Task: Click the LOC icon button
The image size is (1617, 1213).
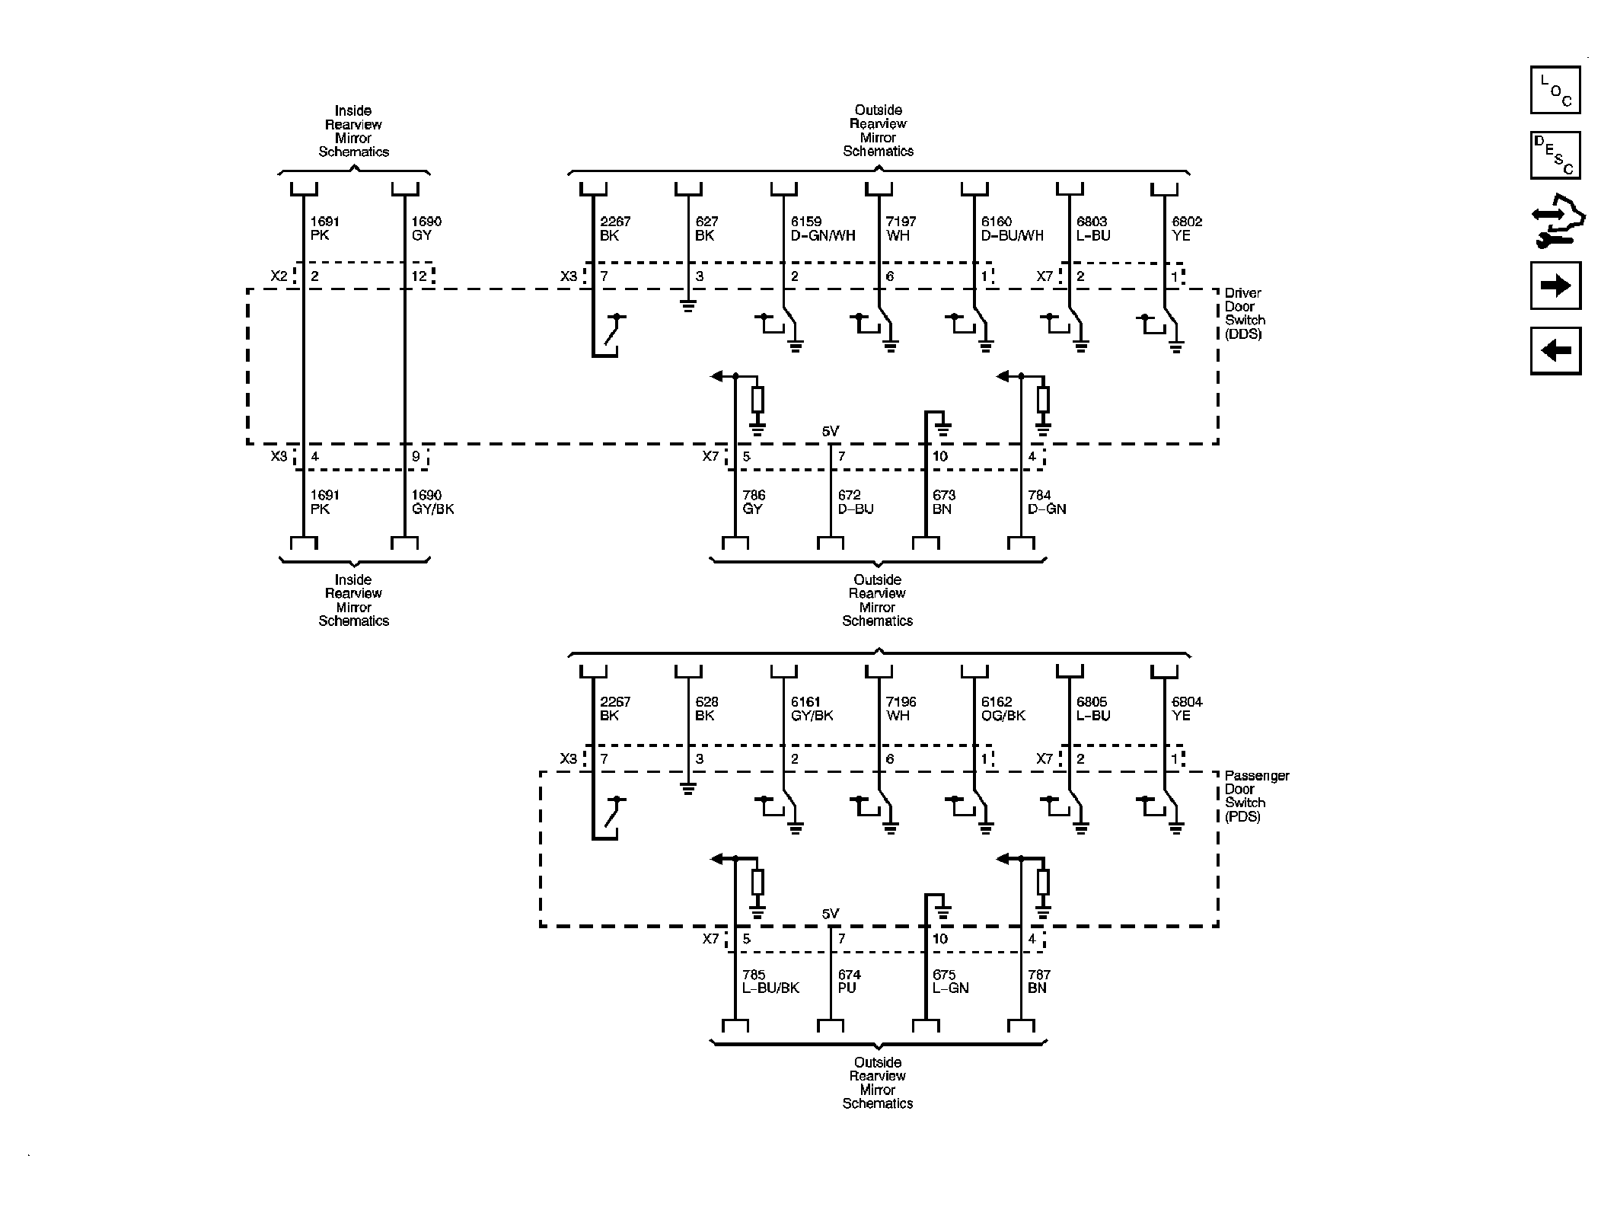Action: pyautogui.click(x=1555, y=91)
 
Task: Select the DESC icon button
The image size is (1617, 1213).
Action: pyautogui.click(x=1555, y=155)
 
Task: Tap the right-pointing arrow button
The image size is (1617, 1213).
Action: pyautogui.click(x=1555, y=286)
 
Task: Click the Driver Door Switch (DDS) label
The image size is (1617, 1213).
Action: pyautogui.click(x=1243, y=314)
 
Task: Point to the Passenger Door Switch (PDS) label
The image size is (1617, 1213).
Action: pyautogui.click(x=1256, y=796)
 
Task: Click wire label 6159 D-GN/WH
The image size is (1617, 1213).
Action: pyautogui.click(x=823, y=228)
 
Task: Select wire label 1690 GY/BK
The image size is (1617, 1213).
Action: pyautogui.click(x=432, y=502)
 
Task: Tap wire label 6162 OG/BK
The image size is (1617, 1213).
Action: pyautogui.click(x=1003, y=709)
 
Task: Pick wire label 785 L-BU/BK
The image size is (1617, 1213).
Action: pyautogui.click(x=770, y=982)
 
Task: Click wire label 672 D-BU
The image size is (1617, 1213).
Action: pyautogui.click(x=855, y=502)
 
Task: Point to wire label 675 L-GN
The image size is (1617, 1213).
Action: pyautogui.click(x=950, y=982)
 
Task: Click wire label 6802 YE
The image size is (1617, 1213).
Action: pyautogui.click(x=1187, y=228)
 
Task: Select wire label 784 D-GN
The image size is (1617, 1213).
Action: pyautogui.click(x=1047, y=502)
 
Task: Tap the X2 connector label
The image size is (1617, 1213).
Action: pyautogui.click(x=279, y=276)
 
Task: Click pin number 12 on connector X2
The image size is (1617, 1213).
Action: pyautogui.click(x=419, y=276)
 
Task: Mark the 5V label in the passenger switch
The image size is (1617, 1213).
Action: pyautogui.click(x=830, y=914)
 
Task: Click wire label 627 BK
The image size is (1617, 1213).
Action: pyautogui.click(x=706, y=228)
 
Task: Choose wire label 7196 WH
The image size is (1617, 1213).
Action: pyautogui.click(x=901, y=709)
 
